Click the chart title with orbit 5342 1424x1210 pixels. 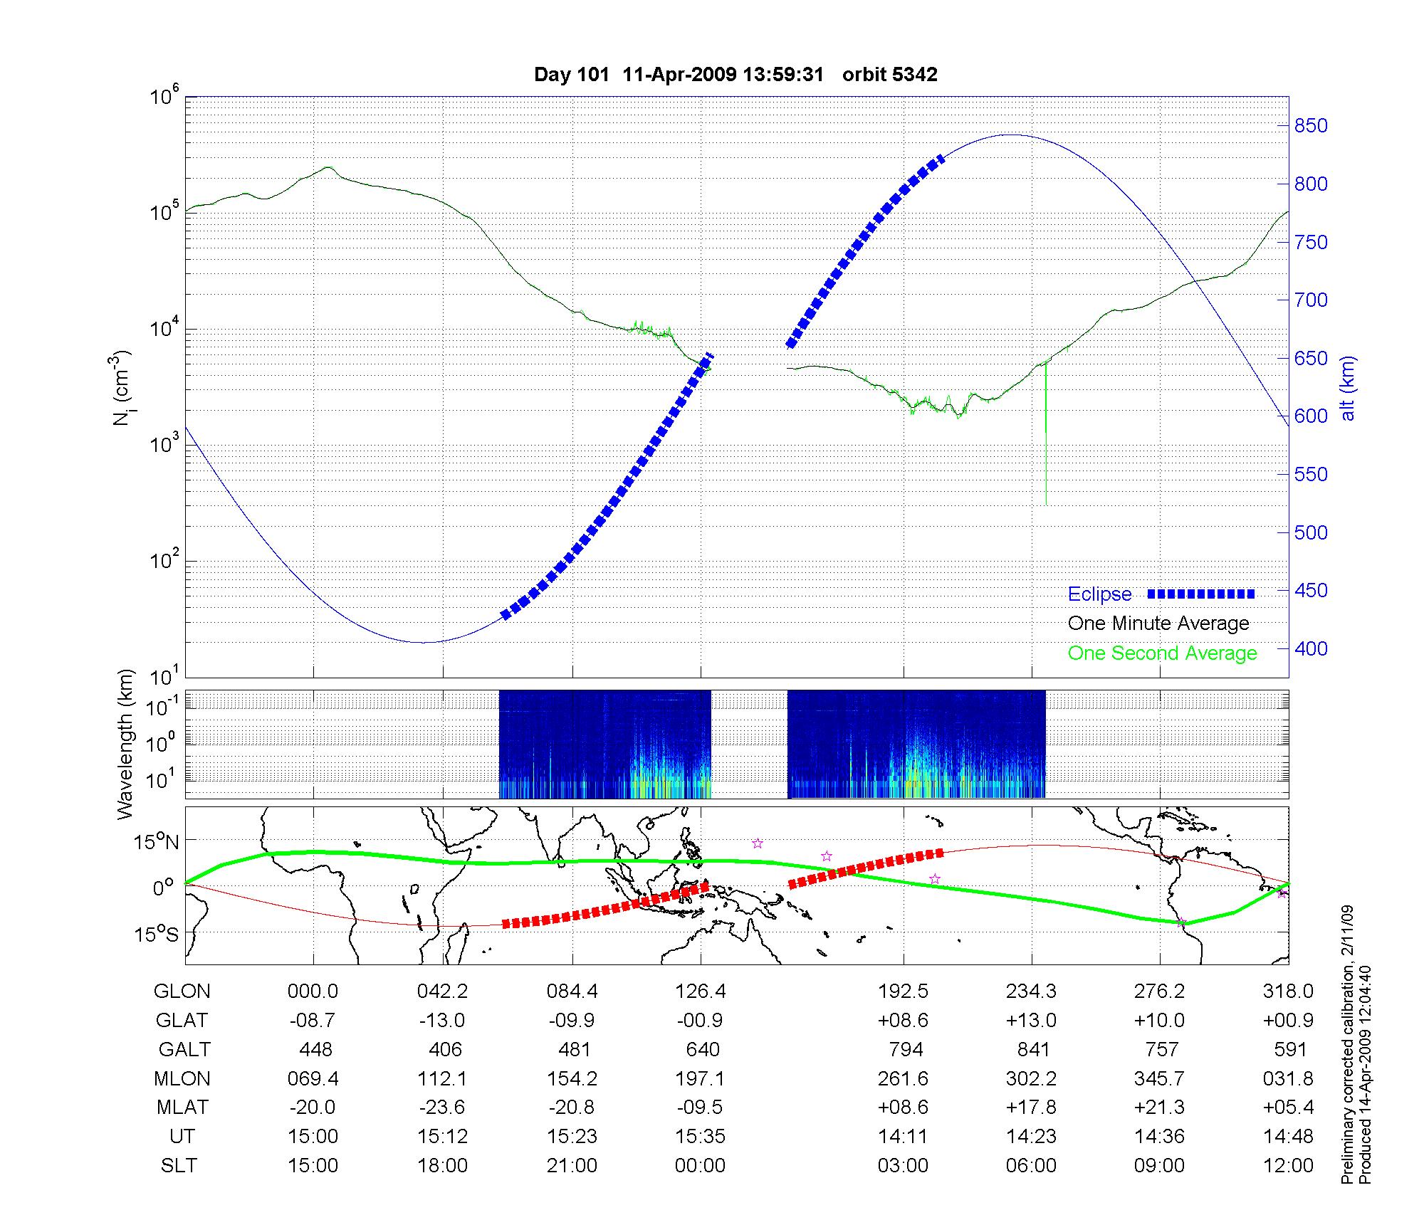[x=735, y=74]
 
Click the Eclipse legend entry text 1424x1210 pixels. [x=1099, y=594]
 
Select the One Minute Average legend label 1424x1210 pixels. [x=1158, y=624]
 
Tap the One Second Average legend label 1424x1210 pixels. [x=1162, y=653]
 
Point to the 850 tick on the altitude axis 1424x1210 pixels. [x=1310, y=126]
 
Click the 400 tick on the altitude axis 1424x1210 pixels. [x=1310, y=648]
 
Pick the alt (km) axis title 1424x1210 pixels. [x=1348, y=389]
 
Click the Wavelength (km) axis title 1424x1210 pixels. [x=125, y=744]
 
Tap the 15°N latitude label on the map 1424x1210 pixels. [x=156, y=842]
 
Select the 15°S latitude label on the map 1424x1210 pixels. [x=156, y=933]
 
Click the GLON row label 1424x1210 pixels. [x=182, y=991]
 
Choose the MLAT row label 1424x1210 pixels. [x=182, y=1108]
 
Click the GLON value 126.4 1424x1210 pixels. [x=700, y=991]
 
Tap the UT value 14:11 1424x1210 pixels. [x=903, y=1137]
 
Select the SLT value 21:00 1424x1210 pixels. [x=572, y=1166]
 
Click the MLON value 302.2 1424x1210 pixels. [x=1030, y=1078]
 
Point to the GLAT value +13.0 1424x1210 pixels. [x=1030, y=1020]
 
